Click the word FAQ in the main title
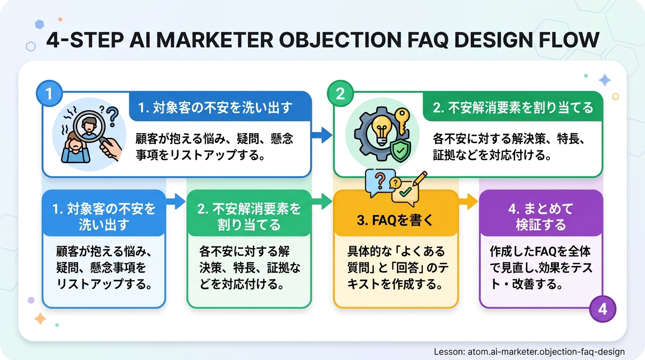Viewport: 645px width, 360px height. [427, 40]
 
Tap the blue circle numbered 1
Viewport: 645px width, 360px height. [49, 93]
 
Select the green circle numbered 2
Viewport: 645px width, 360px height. [340, 93]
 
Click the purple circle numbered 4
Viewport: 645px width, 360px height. [603, 309]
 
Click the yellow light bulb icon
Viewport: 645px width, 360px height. [382, 129]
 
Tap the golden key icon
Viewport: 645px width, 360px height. [402, 121]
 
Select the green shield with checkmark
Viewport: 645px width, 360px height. [400, 151]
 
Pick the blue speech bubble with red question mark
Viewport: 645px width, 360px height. [380, 183]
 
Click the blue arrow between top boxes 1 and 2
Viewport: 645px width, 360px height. [322, 135]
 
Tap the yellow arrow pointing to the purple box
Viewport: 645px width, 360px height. [468, 201]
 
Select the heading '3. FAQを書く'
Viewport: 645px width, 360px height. [395, 220]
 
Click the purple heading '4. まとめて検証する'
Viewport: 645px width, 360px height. [541, 217]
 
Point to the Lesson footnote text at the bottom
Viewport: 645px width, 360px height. [529, 352]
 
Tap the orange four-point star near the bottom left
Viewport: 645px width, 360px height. [40, 319]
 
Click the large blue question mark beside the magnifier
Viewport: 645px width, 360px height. [112, 116]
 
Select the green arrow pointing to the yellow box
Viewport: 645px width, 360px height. [322, 201]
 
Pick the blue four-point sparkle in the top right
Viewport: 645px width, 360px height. [605, 80]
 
